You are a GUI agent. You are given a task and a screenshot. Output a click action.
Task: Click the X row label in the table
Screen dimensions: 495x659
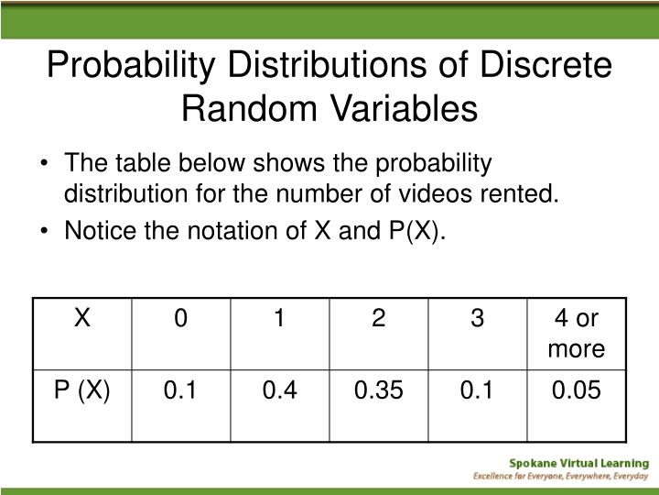tap(81, 318)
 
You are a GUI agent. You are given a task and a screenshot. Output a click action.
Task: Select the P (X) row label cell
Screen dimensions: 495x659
tap(81, 391)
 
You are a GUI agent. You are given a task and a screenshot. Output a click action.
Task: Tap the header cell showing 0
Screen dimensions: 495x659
tap(180, 318)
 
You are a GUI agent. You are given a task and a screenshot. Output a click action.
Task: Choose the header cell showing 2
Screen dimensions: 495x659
tap(377, 318)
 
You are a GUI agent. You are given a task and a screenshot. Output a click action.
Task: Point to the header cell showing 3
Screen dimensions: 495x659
tap(476, 318)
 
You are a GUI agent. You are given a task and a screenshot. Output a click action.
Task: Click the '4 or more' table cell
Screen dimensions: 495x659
tap(576, 333)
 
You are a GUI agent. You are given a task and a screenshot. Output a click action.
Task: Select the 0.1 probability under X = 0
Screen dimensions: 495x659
tap(180, 391)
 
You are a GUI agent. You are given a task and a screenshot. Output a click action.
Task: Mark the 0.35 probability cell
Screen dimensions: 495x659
tap(377, 391)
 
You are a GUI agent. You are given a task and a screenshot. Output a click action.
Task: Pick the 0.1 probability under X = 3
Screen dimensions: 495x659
tap(476, 391)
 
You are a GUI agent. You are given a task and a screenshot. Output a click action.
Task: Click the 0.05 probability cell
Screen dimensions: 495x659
tap(576, 391)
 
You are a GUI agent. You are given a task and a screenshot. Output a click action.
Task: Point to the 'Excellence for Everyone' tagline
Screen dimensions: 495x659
tap(560, 478)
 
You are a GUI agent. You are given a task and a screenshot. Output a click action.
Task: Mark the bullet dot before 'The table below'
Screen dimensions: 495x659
tap(47, 164)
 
